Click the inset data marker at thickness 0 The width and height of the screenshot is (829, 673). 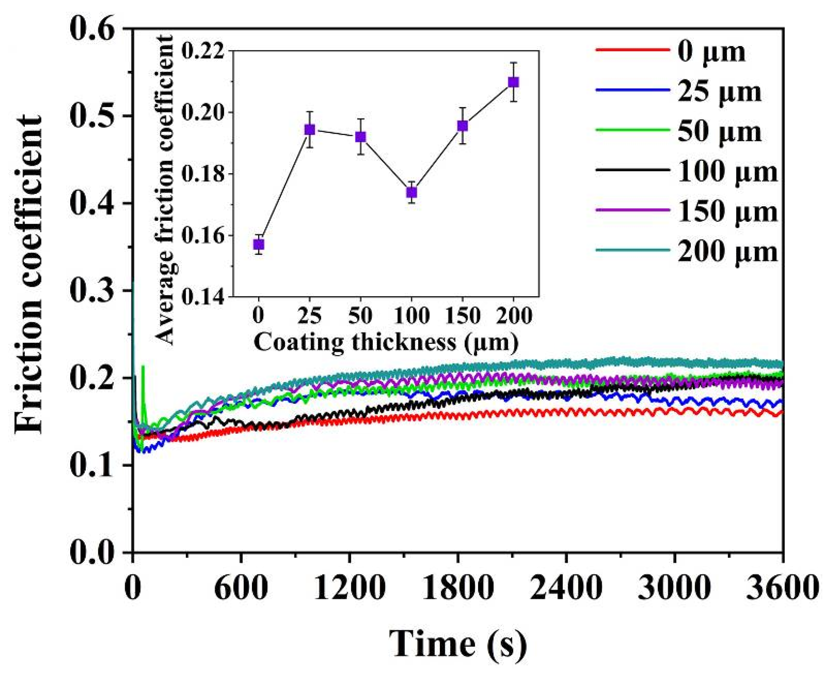(x=259, y=244)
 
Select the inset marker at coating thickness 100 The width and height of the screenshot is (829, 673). (x=412, y=192)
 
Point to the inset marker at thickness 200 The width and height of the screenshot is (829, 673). (x=513, y=82)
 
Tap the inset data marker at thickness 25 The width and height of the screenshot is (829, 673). (x=309, y=129)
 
